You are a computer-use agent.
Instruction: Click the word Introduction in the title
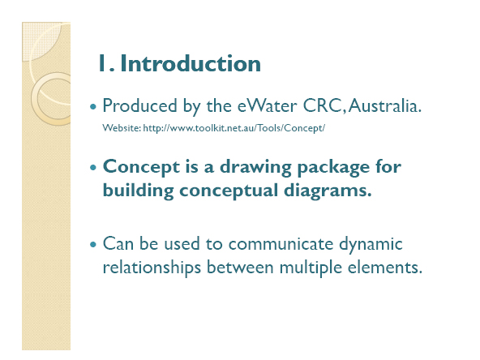coord(191,63)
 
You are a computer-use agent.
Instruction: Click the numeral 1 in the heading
coord(102,63)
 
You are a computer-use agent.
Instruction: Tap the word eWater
coord(267,105)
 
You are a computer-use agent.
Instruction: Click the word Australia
coord(385,105)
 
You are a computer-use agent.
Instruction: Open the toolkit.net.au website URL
coord(234,128)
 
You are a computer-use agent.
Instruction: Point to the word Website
coord(122,127)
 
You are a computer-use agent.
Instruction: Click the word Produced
coord(140,105)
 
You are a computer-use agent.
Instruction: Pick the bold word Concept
coord(141,168)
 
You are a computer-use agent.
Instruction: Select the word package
coord(333,168)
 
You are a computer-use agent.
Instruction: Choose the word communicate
coord(281,244)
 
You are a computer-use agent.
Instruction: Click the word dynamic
coord(371,245)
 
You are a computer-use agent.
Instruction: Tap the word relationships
coord(152,268)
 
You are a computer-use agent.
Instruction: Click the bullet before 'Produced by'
coord(93,107)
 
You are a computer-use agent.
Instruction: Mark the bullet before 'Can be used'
coord(93,245)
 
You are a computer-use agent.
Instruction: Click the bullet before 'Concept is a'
coord(93,168)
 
